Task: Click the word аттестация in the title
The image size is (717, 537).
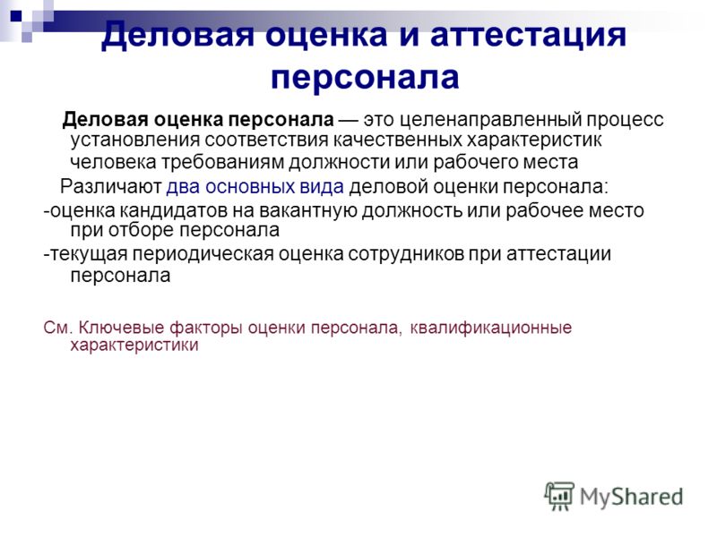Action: pyautogui.click(x=528, y=35)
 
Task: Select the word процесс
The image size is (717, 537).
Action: pyautogui.click(x=625, y=120)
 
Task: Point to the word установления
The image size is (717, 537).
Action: pyautogui.click(x=134, y=141)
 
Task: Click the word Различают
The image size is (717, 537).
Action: pyautogui.click(x=110, y=187)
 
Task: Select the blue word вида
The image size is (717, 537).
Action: pyautogui.click(x=322, y=187)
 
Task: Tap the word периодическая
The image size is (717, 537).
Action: pyautogui.click(x=203, y=254)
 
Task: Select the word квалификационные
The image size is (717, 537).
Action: pyautogui.click(x=490, y=328)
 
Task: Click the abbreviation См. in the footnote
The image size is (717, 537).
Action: pyautogui.click(x=58, y=328)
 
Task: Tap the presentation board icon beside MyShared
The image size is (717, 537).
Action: pyautogui.click(x=559, y=496)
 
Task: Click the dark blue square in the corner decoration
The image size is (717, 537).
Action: pyautogui.click(x=16, y=18)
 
